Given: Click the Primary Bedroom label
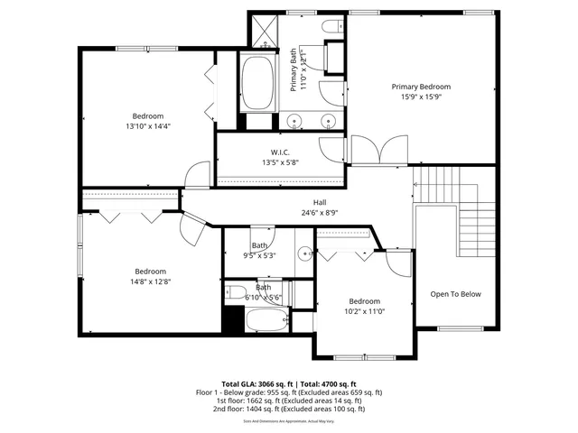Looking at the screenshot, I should (421, 87).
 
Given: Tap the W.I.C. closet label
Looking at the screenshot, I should (279, 152).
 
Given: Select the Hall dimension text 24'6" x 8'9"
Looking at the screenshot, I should (320, 214).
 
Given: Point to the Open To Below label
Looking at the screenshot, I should (455, 294).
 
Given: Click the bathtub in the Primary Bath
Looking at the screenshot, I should (260, 83).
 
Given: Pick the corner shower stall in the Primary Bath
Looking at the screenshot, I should (265, 32).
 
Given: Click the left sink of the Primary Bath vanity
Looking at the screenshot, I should (295, 121).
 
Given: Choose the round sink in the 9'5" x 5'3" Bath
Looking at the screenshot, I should (304, 254).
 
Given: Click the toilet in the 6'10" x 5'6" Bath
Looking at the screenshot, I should (234, 291).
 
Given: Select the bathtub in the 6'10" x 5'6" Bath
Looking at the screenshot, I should (267, 320).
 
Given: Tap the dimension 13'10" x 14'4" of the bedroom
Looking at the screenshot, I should (148, 126).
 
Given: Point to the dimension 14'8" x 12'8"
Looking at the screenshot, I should (151, 281).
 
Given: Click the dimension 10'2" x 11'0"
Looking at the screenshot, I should (365, 311).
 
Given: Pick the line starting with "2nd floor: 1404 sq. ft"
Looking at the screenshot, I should (289, 409).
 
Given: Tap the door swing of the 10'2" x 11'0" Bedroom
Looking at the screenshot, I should (397, 263).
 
